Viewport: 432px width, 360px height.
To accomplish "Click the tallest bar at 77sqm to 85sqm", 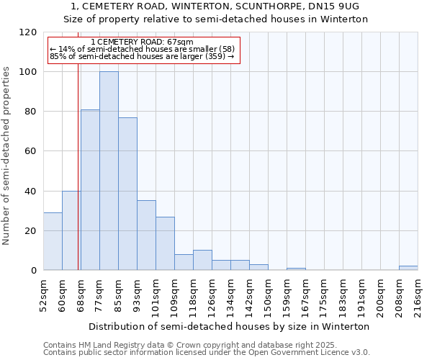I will [109, 171].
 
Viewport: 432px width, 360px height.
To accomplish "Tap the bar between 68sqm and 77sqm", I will [90, 190].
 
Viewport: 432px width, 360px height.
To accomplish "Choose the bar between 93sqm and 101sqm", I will [146, 235].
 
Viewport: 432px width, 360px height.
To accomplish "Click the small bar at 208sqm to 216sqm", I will [408, 268].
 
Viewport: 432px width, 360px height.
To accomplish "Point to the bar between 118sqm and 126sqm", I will [202, 261].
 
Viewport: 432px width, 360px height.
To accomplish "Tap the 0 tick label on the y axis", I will [33, 270].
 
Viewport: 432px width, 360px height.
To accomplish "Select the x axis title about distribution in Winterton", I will [230, 326].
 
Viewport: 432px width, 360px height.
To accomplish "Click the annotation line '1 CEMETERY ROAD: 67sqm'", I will [143, 43].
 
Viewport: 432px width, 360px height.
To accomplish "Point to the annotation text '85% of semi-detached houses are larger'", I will [142, 56].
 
